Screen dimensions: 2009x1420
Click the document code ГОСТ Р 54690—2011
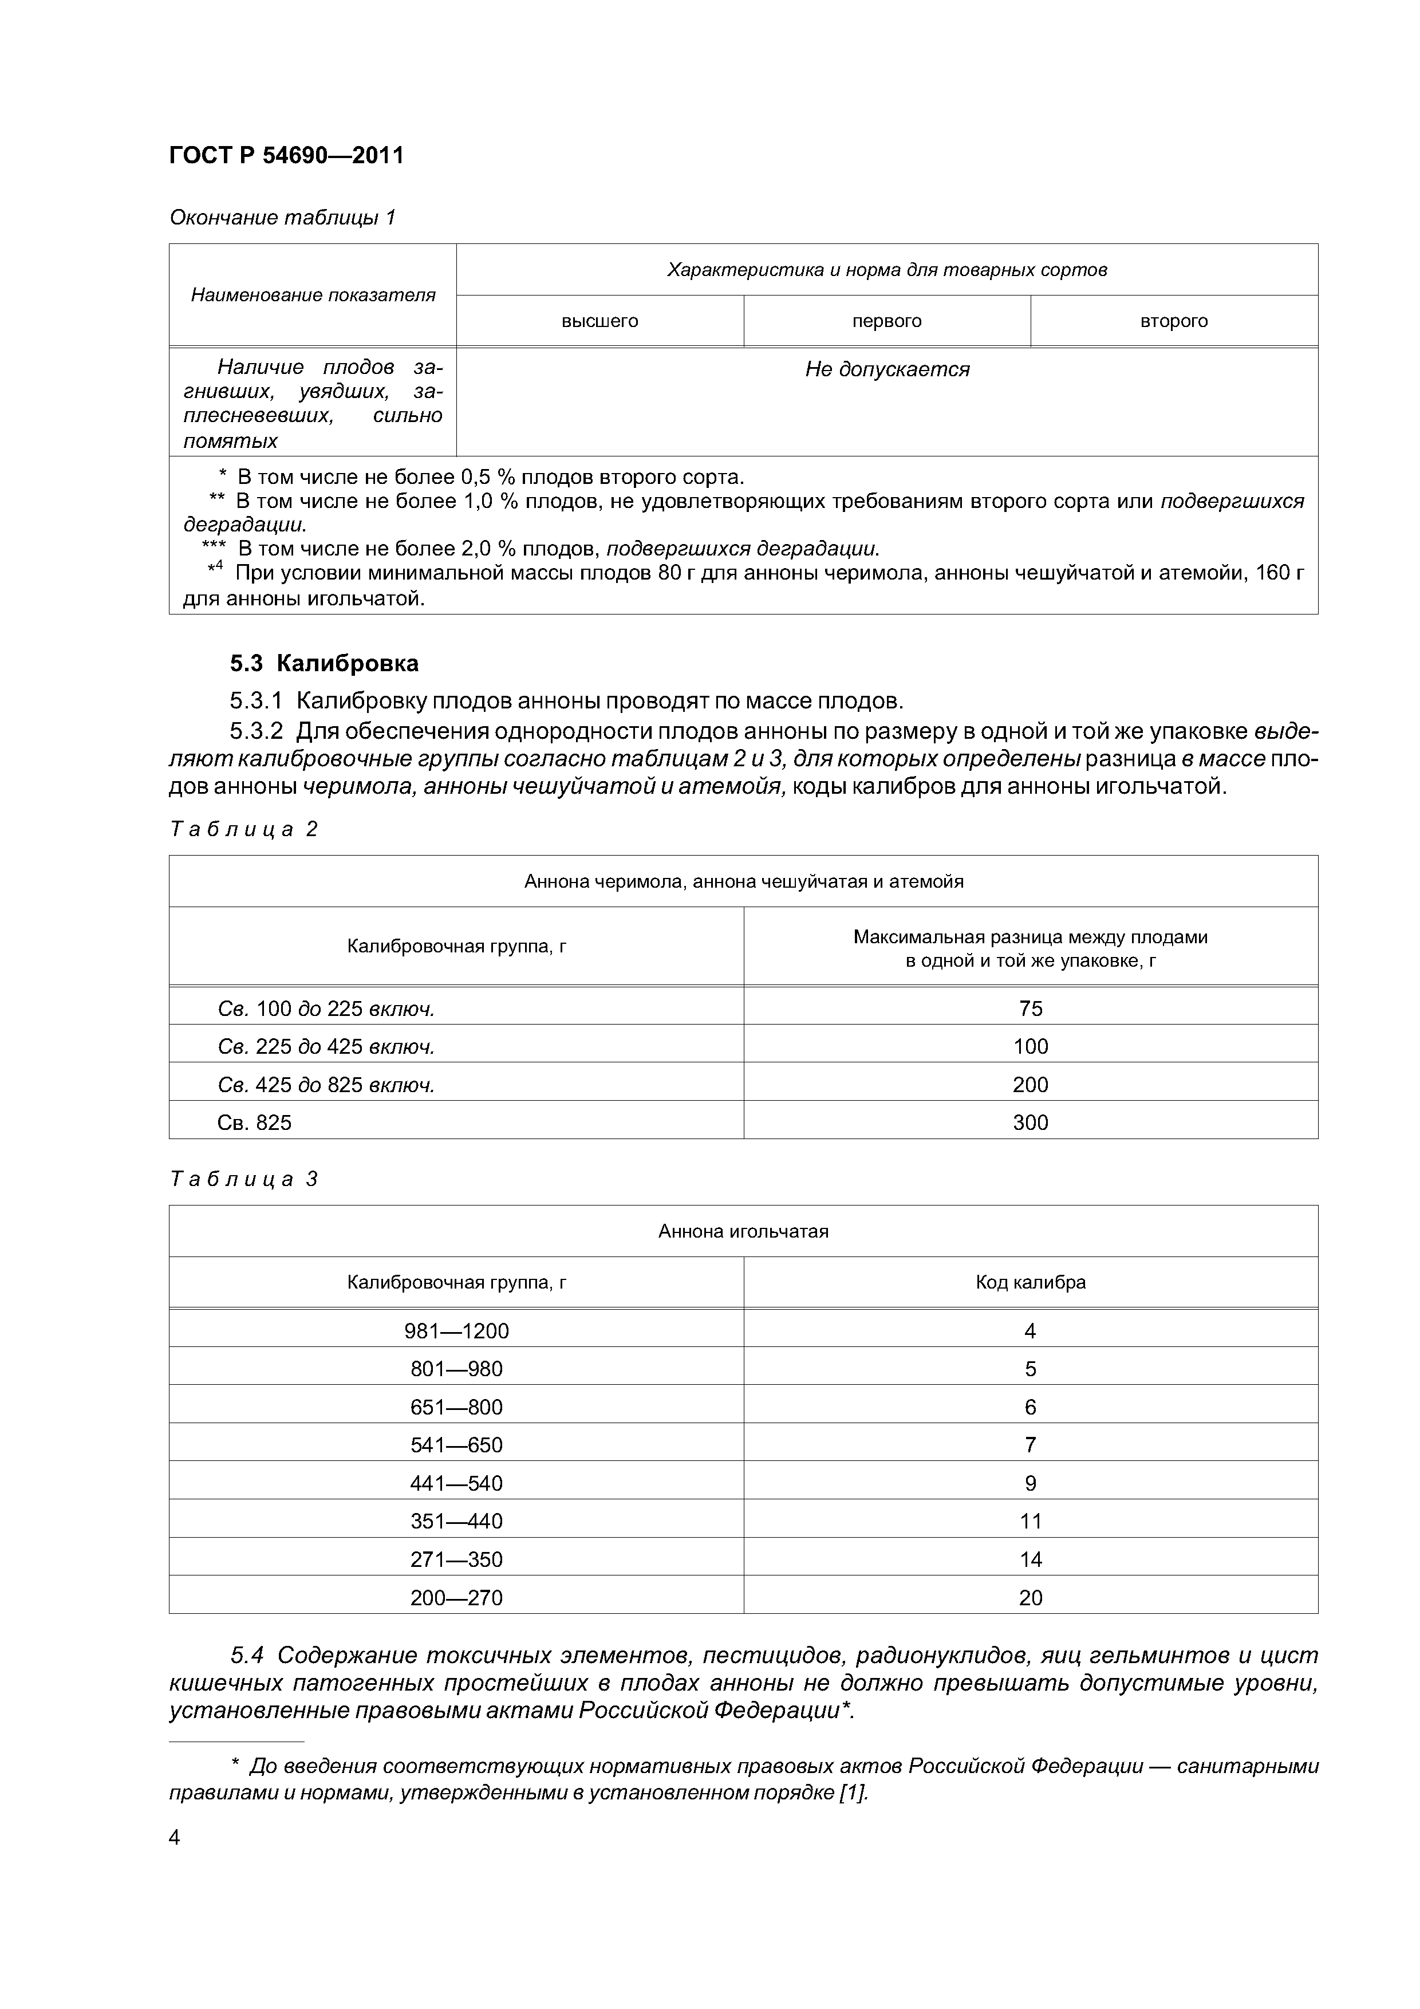tap(286, 156)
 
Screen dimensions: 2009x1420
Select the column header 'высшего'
tap(599, 321)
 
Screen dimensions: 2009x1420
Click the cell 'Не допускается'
tap(886, 369)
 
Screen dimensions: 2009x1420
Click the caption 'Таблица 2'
tap(243, 829)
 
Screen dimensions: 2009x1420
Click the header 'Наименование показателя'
tap(313, 295)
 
